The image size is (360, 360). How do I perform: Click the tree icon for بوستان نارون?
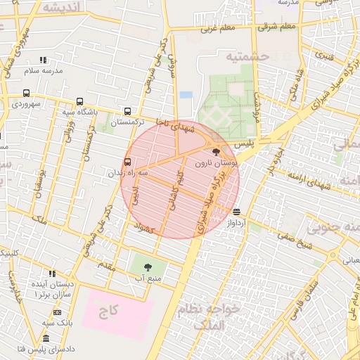coord(215,151)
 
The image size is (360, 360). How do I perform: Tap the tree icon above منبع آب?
coord(148,267)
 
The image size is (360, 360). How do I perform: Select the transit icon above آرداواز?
coord(236,211)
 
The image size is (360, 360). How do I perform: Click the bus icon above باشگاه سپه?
coord(79,101)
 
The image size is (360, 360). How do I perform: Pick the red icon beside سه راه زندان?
coord(127,161)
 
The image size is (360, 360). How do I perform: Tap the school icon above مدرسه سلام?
coord(43,60)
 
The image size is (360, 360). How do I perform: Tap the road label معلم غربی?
coord(217,29)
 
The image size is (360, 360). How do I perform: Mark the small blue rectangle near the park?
coord(186,94)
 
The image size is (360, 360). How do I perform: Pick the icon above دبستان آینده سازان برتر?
coord(52,274)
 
